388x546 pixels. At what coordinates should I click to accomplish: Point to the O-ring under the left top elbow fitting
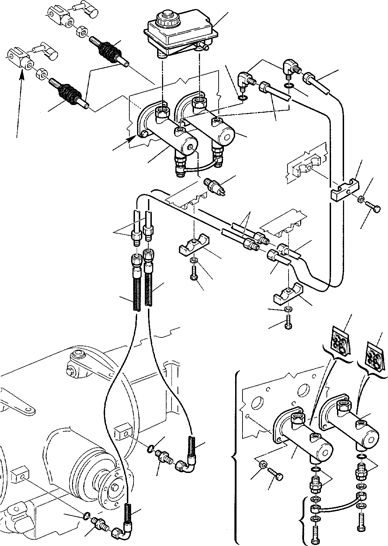(x=242, y=97)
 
